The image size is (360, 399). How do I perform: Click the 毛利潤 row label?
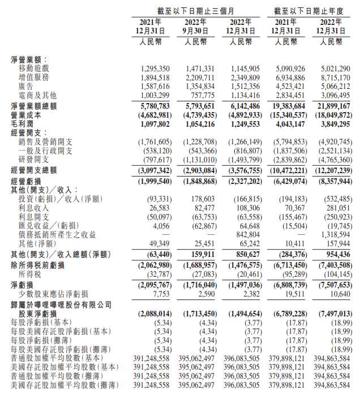click(x=22, y=123)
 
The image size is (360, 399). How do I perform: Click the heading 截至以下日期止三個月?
click(x=196, y=11)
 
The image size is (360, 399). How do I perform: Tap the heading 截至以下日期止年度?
click(x=308, y=11)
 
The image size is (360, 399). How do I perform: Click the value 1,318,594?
click(x=335, y=234)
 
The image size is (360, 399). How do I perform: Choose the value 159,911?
click(x=202, y=254)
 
